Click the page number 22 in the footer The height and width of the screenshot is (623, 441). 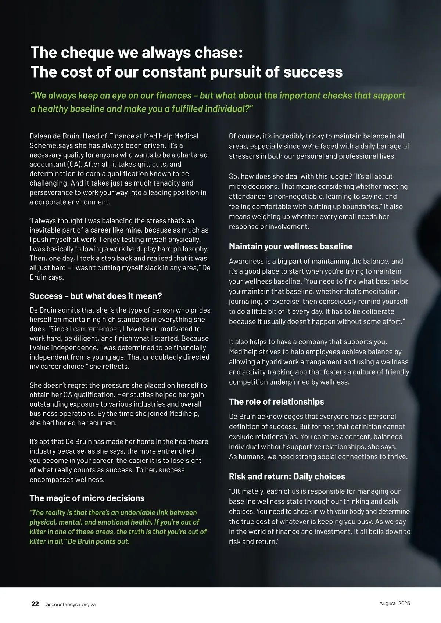pos(35,604)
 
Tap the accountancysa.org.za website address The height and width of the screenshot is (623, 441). pos(71,604)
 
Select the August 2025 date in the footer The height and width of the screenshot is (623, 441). pos(394,603)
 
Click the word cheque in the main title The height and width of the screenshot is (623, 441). pos(87,53)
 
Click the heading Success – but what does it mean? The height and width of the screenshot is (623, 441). pos(96,296)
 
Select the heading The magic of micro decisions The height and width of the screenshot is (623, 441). pos(87,498)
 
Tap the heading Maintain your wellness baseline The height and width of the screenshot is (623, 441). pos(291,246)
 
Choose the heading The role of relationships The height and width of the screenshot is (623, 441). pos(276,402)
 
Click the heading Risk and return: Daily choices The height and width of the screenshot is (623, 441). pos(287,476)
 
